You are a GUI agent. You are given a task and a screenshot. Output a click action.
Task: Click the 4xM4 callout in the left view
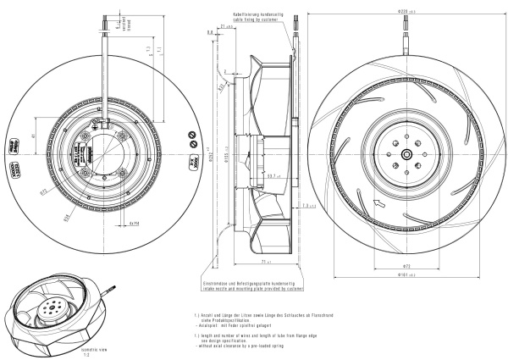(x=133, y=224)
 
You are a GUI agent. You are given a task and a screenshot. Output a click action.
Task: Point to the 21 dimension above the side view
(x=224, y=26)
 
